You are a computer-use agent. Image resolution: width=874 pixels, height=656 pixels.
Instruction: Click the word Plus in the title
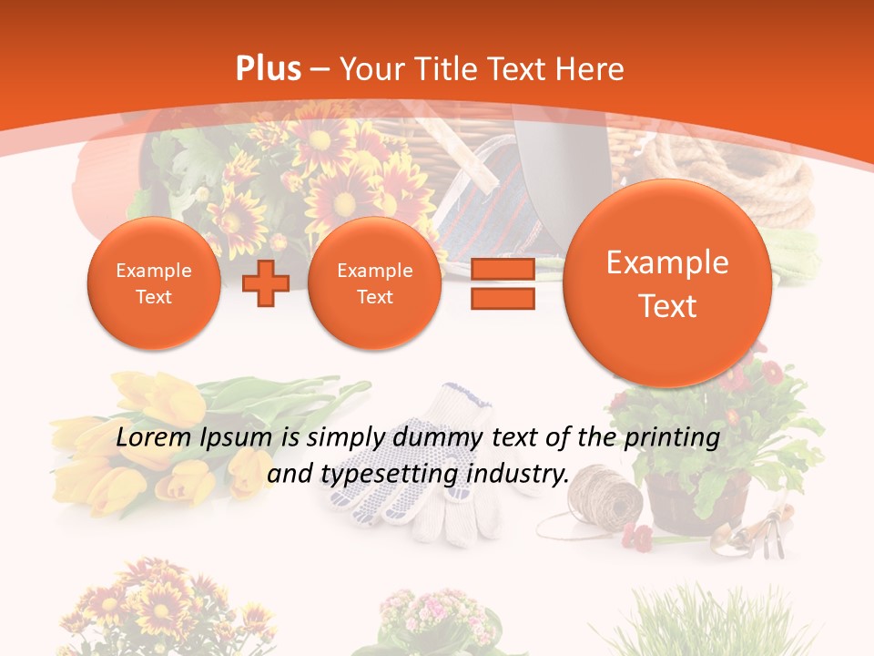pyautogui.click(x=268, y=69)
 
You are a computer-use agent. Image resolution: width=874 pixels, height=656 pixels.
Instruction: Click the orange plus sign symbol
pyautogui.click(x=266, y=283)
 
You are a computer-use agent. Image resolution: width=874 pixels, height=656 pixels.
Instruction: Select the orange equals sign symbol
pyautogui.click(x=503, y=283)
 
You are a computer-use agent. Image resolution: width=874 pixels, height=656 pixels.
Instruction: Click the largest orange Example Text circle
pyautogui.click(x=667, y=283)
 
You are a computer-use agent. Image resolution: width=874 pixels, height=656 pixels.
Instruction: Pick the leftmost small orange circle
pyautogui.click(x=153, y=283)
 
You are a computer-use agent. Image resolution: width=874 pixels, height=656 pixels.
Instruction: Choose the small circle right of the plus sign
pyautogui.click(x=374, y=283)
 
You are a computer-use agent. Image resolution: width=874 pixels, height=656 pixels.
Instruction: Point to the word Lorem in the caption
pyautogui.click(x=154, y=438)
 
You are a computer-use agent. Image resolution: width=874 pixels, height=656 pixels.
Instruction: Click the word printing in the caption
pyautogui.click(x=673, y=438)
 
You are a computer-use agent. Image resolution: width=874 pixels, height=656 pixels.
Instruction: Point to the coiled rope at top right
pyautogui.click(x=737, y=173)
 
